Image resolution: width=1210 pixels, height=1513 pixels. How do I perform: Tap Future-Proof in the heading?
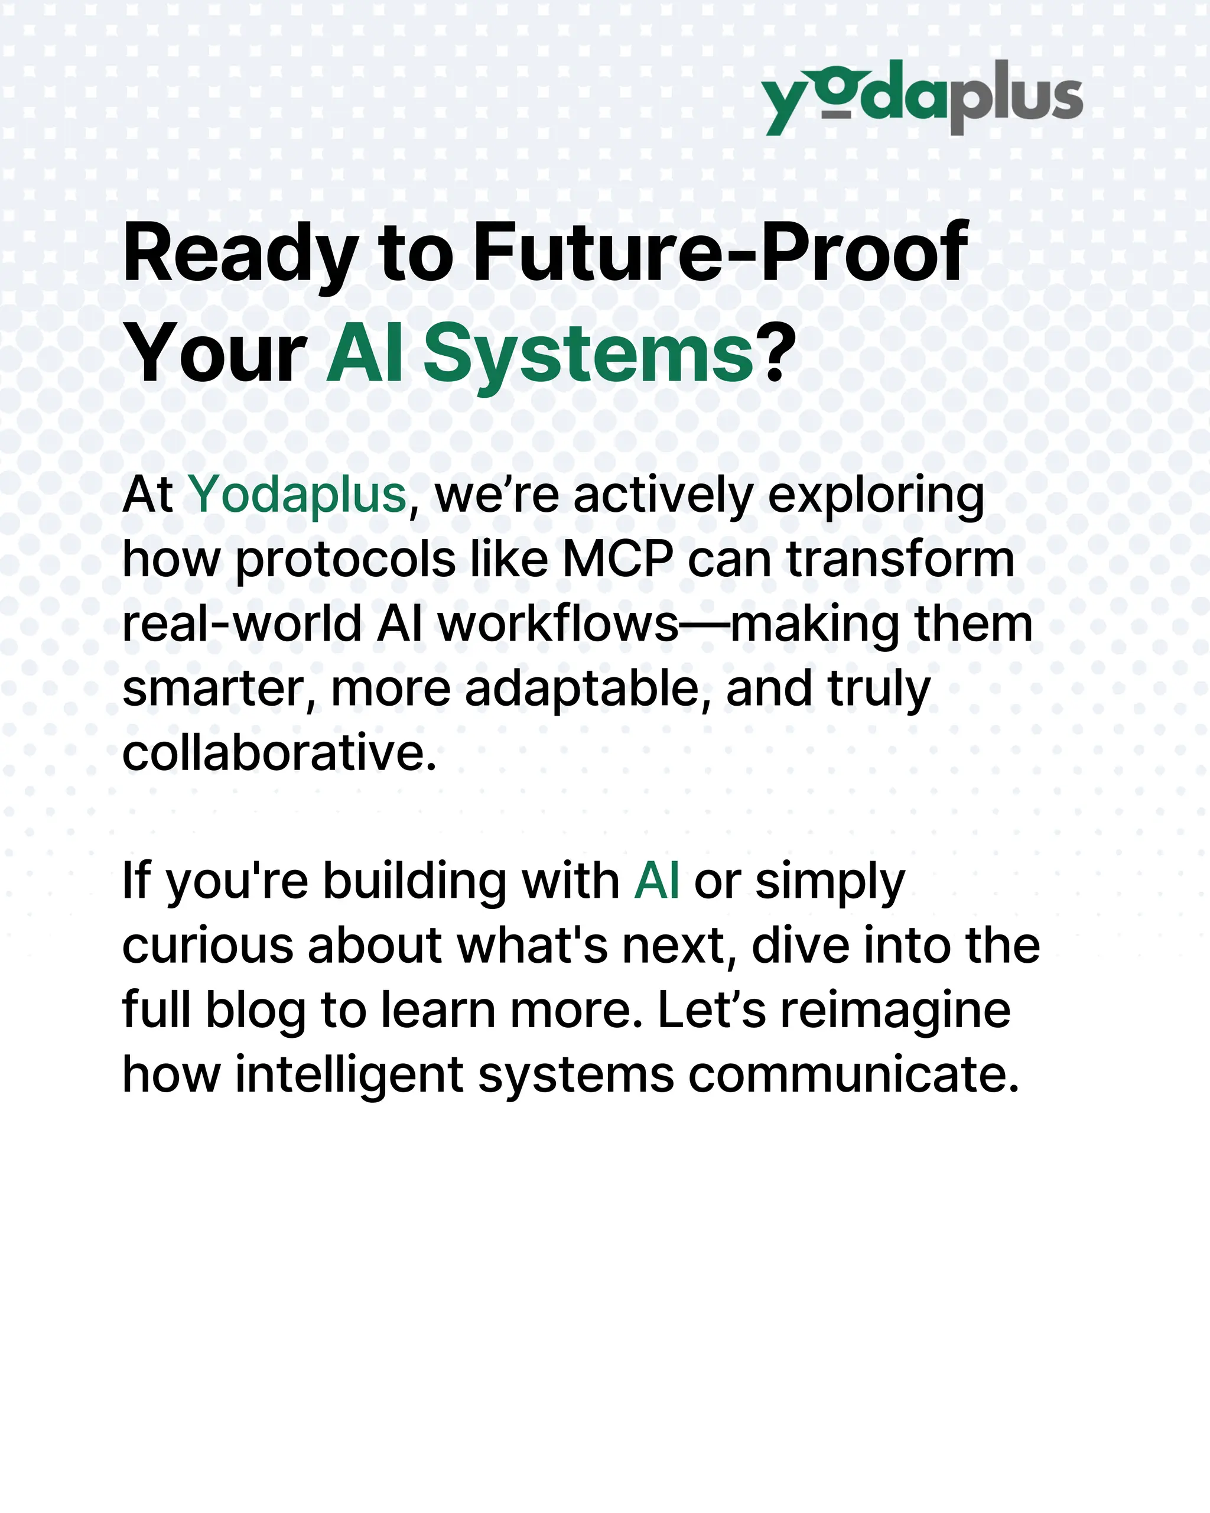pos(720,252)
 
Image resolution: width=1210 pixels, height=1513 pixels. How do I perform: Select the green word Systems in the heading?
pos(588,355)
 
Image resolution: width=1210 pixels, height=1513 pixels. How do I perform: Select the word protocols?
pos(344,561)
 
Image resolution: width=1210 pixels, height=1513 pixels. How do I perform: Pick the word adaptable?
pos(582,689)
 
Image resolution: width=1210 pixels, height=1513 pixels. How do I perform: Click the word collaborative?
pos(279,753)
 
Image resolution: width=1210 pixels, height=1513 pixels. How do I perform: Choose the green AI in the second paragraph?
pos(656,881)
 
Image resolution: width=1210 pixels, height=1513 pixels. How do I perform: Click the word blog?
pos(255,1011)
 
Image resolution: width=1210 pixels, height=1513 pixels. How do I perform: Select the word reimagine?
pos(895,1011)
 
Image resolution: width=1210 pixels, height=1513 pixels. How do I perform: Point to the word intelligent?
pos(349,1075)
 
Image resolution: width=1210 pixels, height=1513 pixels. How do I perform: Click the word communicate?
pos(853,1075)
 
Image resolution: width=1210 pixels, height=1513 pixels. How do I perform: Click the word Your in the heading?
pos(214,355)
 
